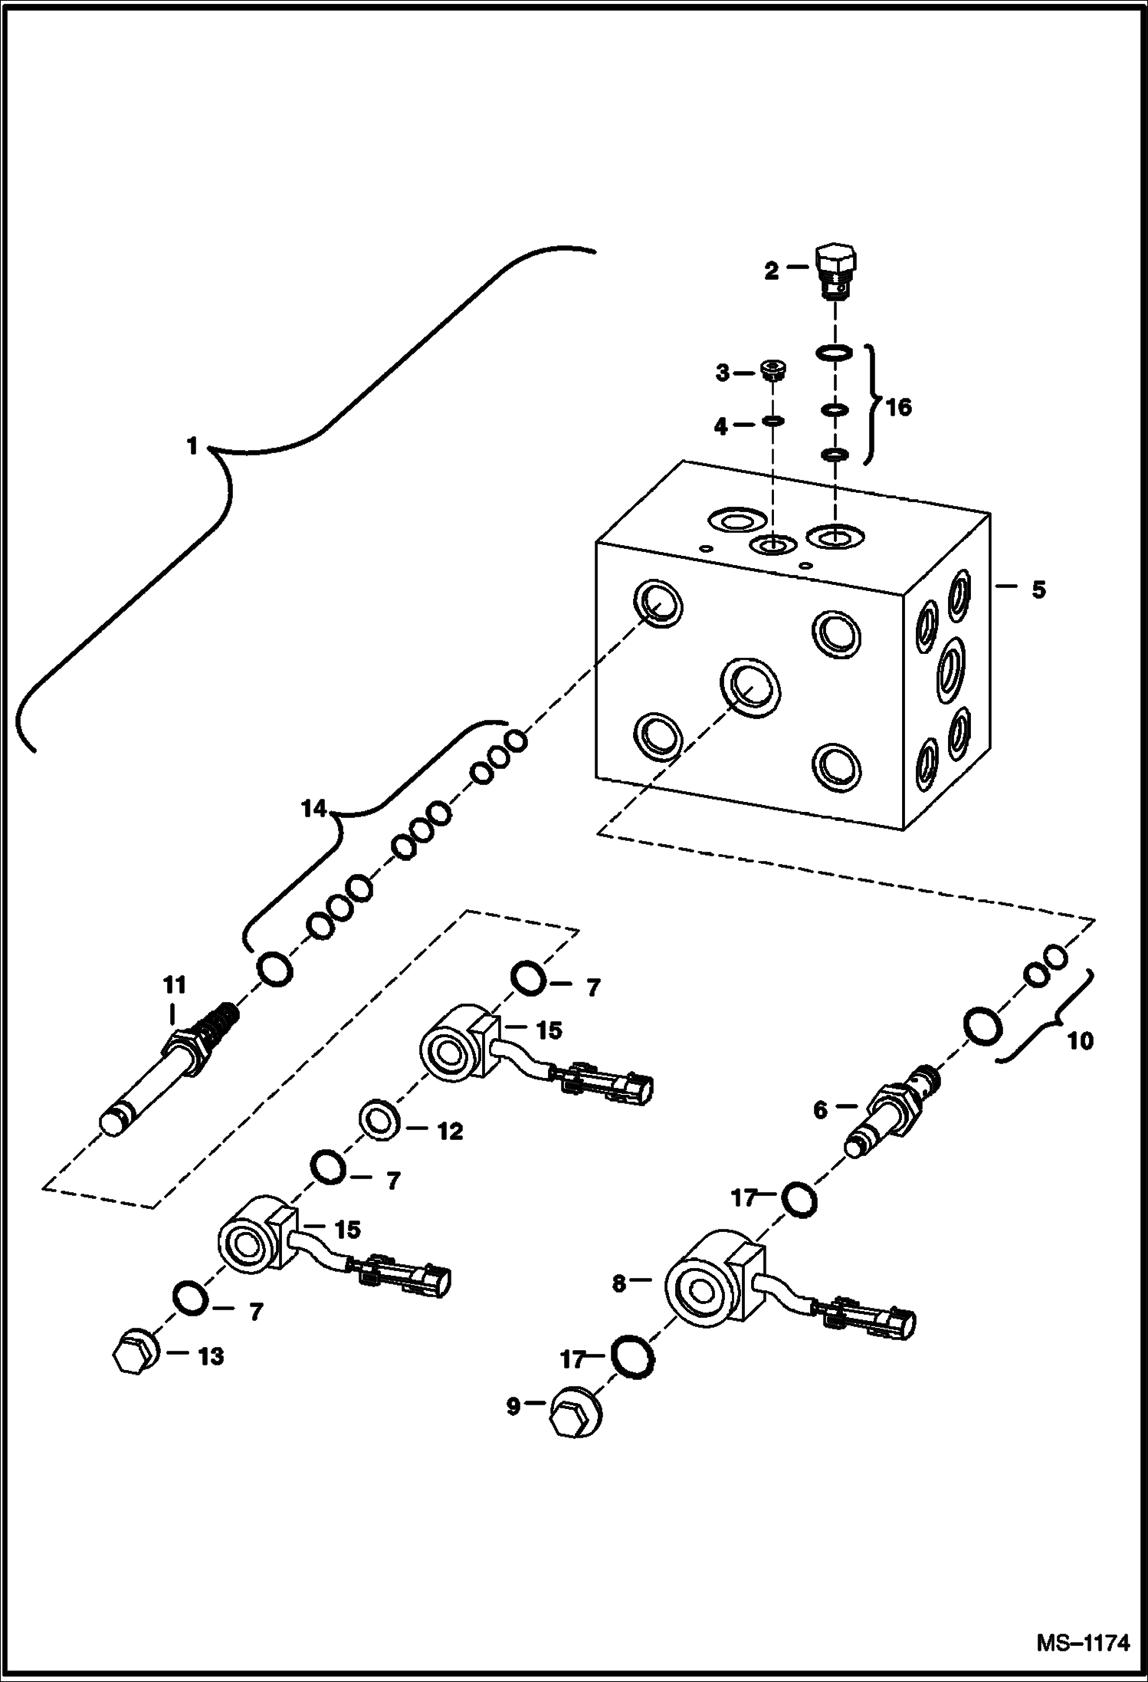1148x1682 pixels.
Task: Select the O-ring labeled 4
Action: pyautogui.click(x=773, y=421)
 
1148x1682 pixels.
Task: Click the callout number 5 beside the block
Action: pyautogui.click(x=1038, y=590)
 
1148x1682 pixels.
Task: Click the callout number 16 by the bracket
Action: pyautogui.click(x=899, y=408)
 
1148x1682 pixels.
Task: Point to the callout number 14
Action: pyautogui.click(x=314, y=810)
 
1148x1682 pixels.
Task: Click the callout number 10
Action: pyautogui.click(x=1080, y=1042)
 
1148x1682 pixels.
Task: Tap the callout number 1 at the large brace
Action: pyautogui.click(x=193, y=446)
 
